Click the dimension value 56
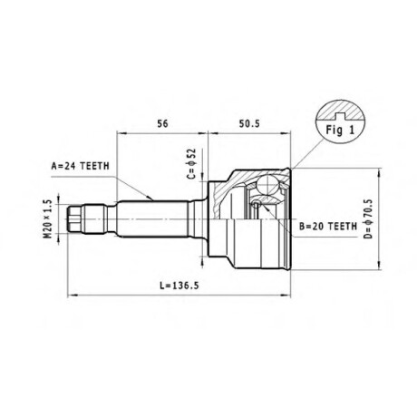pyautogui.click(x=162, y=123)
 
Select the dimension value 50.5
pyautogui.click(x=249, y=123)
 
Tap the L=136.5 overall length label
pyautogui.click(x=179, y=286)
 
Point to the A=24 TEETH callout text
pyautogui.click(x=81, y=166)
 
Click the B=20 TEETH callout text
pyautogui.click(x=328, y=226)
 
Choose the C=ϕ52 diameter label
pyautogui.click(x=192, y=163)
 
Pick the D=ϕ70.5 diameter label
pyautogui.click(x=368, y=218)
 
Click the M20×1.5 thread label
pyautogui.click(x=48, y=219)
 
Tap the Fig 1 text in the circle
pyautogui.click(x=340, y=130)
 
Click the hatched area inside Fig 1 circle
pyautogui.click(x=340, y=110)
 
